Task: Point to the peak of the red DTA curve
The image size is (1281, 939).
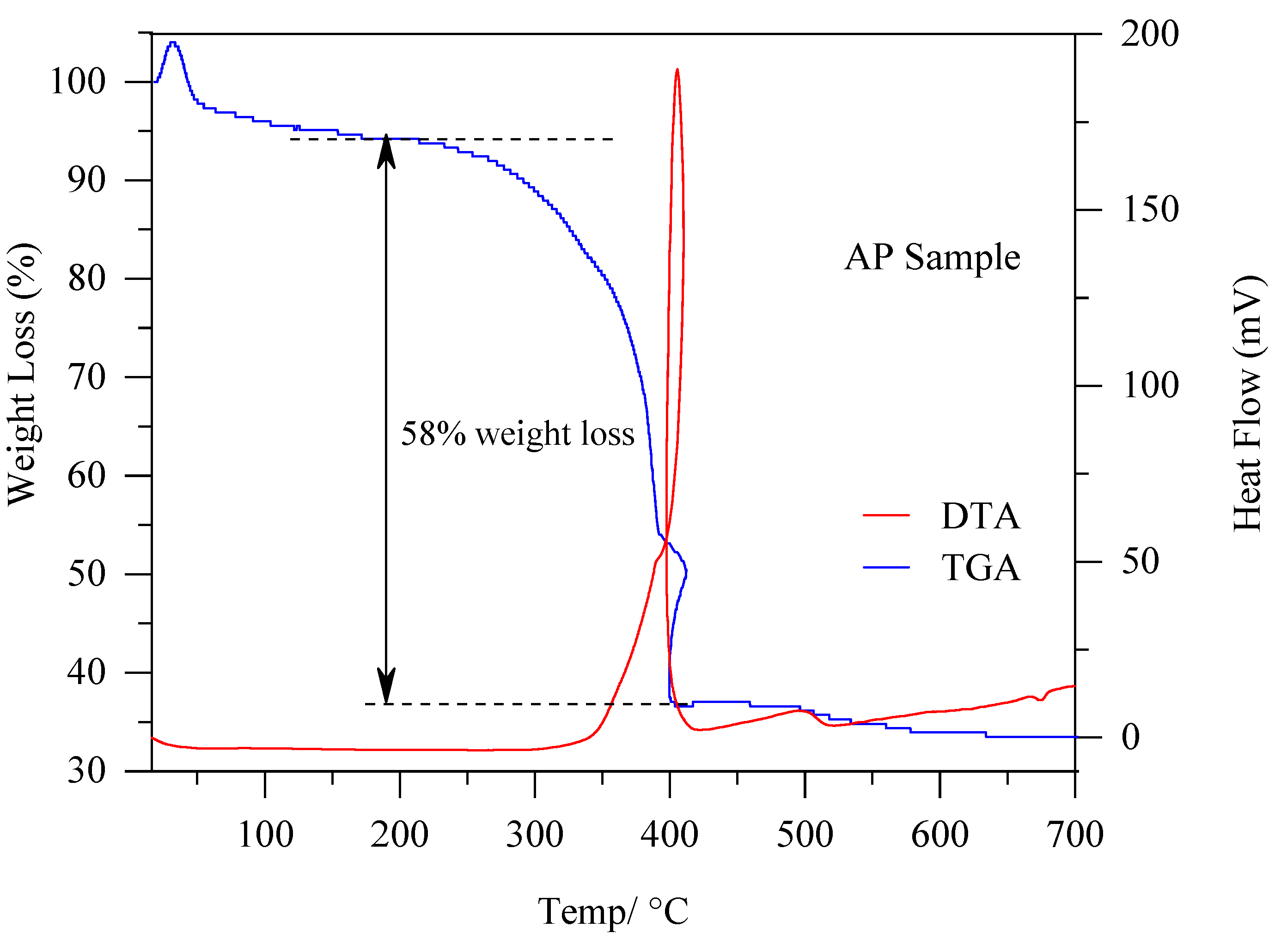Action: [677, 71]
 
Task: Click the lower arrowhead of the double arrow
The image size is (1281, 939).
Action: [386, 687]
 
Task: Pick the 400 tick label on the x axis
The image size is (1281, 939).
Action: [669, 835]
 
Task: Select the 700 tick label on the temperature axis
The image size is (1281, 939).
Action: [1074, 835]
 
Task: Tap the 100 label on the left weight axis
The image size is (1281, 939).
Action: [78, 81]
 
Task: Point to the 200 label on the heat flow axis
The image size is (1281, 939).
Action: [1150, 34]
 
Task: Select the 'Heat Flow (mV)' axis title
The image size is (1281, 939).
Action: [1248, 404]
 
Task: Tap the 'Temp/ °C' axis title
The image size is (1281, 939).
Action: [613, 911]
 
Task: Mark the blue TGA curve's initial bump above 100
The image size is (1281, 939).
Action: [173, 44]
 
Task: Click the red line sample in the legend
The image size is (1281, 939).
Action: [886, 515]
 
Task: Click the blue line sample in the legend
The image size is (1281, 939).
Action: [886, 567]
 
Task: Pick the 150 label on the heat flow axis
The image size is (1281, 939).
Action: [1150, 209]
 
